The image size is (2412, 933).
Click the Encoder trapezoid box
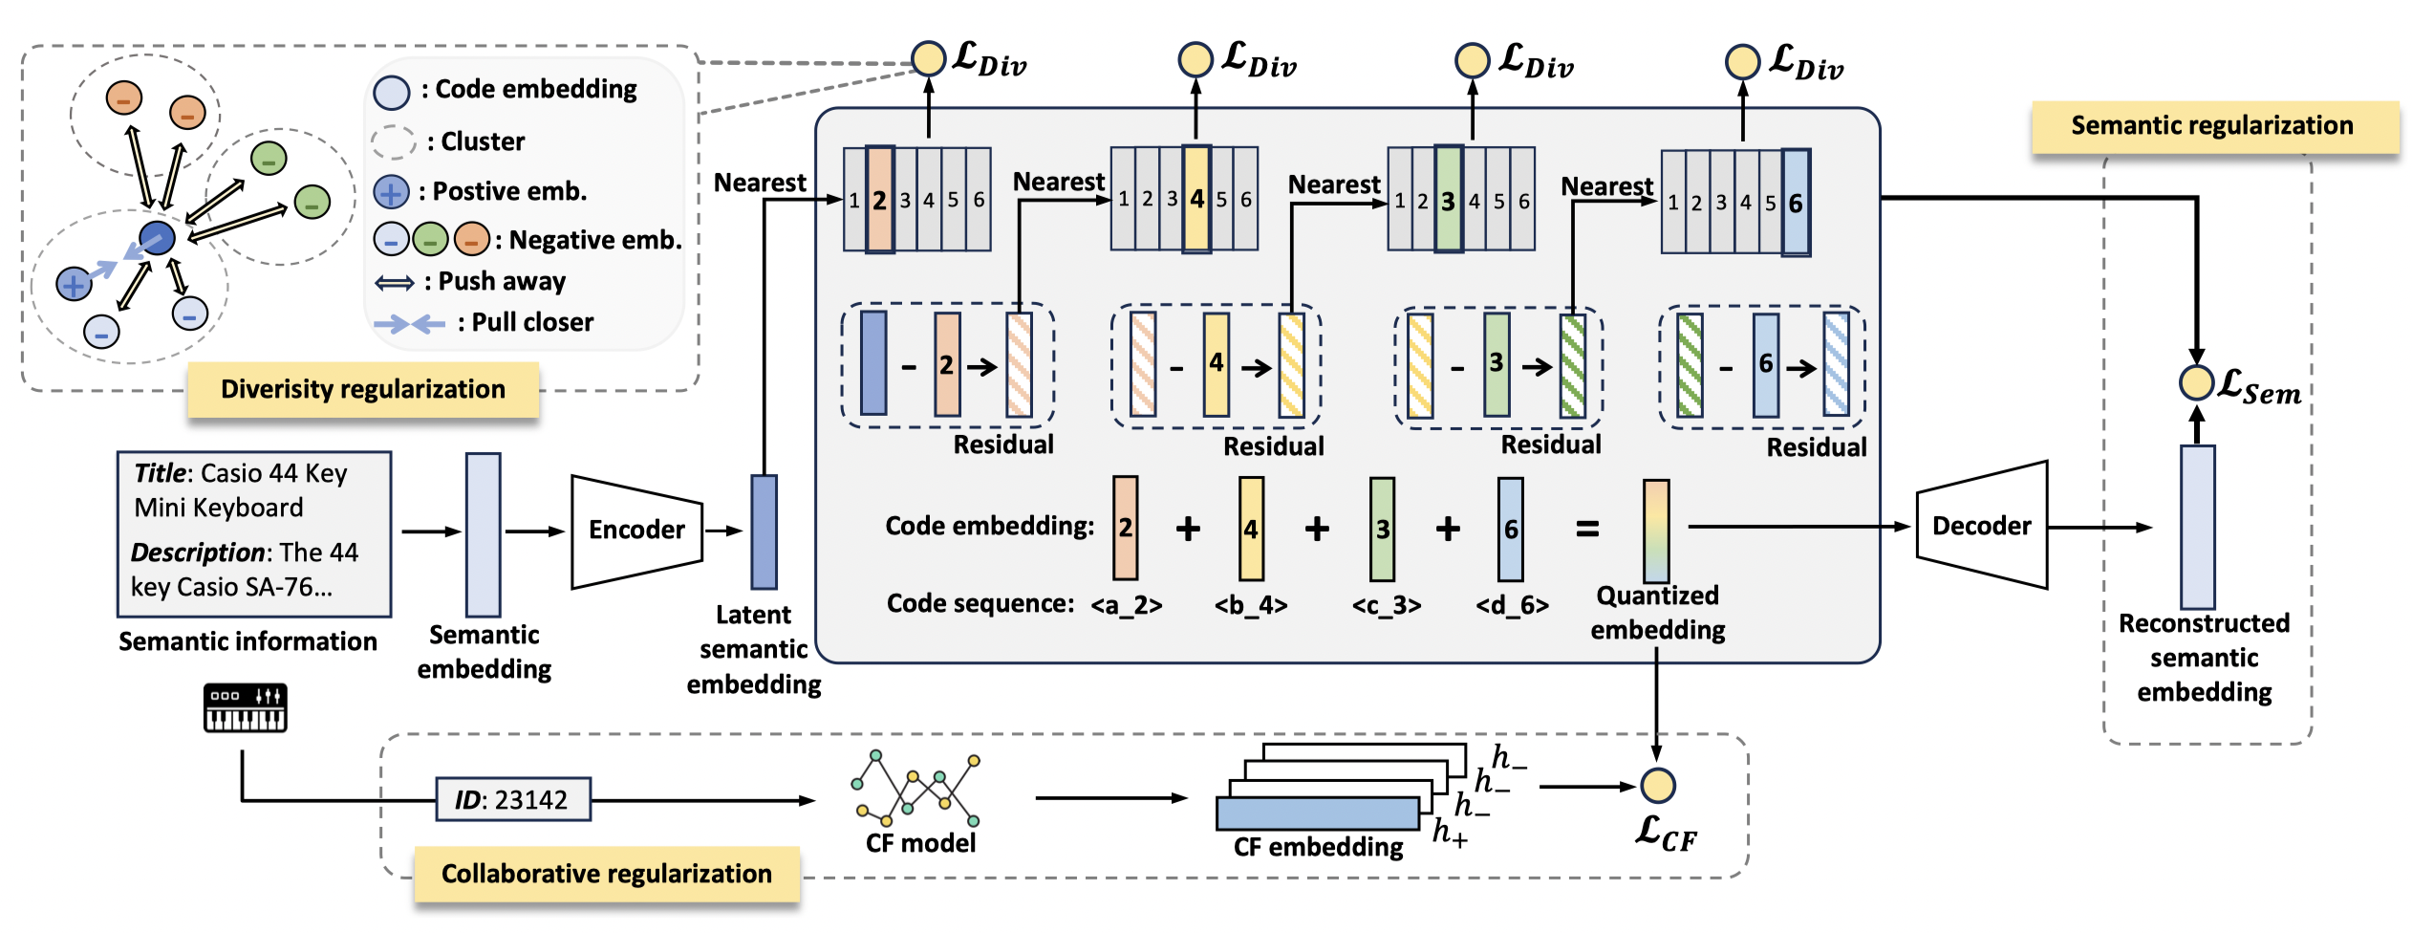tap(636, 531)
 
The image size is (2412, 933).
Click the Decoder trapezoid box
tap(1981, 526)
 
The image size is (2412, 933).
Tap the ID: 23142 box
tap(512, 799)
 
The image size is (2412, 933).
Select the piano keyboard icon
tap(245, 708)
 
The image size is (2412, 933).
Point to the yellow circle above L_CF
tap(1657, 786)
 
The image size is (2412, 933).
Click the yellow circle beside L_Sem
tap(2196, 382)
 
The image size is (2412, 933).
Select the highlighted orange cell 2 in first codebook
tap(879, 200)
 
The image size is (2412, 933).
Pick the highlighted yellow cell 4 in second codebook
tap(1196, 199)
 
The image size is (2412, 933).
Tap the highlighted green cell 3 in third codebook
tap(1449, 200)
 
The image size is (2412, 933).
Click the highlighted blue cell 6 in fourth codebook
tap(1796, 203)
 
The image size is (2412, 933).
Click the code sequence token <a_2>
tap(1127, 605)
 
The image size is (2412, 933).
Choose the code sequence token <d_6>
tap(1512, 605)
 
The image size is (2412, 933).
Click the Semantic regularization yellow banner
tap(2213, 126)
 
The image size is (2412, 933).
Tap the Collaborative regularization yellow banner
tap(606, 874)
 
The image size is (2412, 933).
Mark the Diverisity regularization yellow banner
tap(363, 389)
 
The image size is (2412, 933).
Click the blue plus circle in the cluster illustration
tap(74, 284)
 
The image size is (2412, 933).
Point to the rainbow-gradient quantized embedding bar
tap(1656, 531)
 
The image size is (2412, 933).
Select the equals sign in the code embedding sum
tap(1587, 529)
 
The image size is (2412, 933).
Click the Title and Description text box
tap(253, 533)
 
